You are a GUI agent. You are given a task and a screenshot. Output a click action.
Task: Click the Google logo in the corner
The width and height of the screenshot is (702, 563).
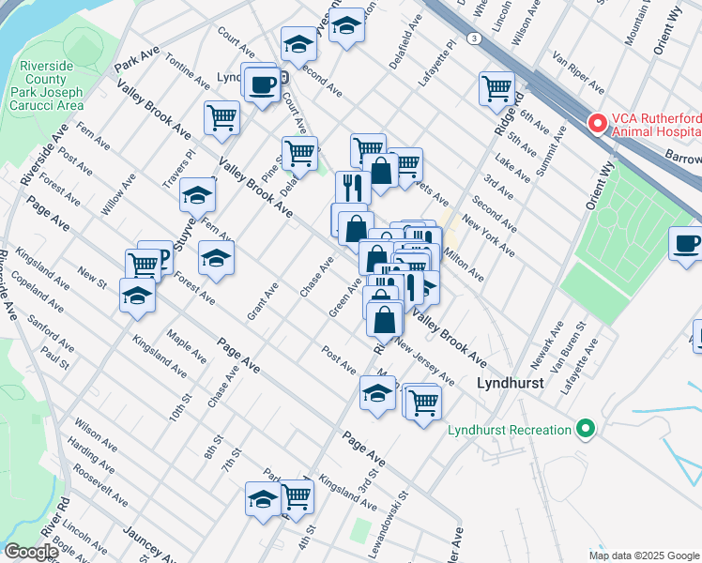click(x=30, y=551)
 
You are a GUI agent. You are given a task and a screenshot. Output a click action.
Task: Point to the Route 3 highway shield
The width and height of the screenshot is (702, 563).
click(x=476, y=38)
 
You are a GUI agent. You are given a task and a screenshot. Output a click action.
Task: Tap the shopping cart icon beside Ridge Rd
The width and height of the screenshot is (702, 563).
click(x=496, y=90)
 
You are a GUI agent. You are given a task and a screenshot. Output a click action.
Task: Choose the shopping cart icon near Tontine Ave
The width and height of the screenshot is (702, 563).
click(x=222, y=118)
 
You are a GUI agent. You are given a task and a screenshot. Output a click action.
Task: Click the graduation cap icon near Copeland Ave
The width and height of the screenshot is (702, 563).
click(x=137, y=296)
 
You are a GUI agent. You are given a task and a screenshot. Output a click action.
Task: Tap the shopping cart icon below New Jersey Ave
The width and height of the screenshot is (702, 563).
click(x=423, y=403)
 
